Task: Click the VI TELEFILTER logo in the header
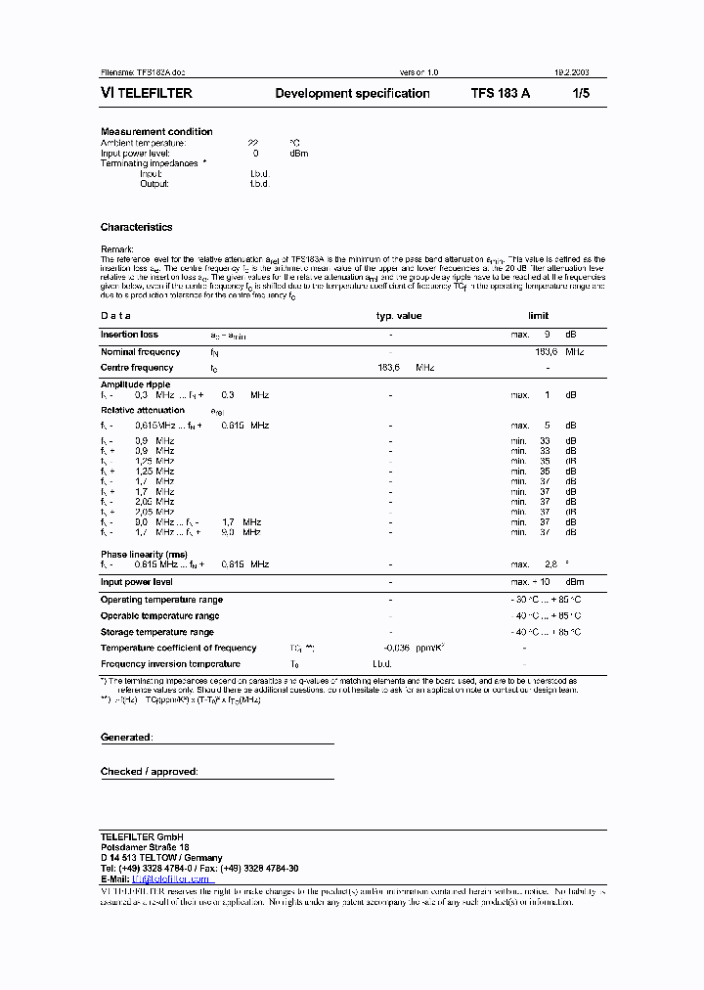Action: point(147,94)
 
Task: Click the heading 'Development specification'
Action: point(352,94)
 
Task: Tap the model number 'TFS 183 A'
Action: point(501,94)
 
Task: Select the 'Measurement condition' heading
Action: point(156,131)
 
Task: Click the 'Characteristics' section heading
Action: point(136,227)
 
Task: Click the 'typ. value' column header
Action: point(399,316)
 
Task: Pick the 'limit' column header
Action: point(539,316)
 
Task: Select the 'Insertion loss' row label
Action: point(129,335)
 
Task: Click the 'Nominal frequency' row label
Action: point(140,351)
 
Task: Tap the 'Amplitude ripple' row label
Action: point(136,384)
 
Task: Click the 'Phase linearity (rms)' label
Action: point(144,555)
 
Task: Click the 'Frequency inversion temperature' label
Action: point(171,664)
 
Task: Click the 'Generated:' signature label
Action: point(126,737)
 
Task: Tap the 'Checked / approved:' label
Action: point(149,772)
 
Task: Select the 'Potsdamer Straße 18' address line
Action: point(145,847)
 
